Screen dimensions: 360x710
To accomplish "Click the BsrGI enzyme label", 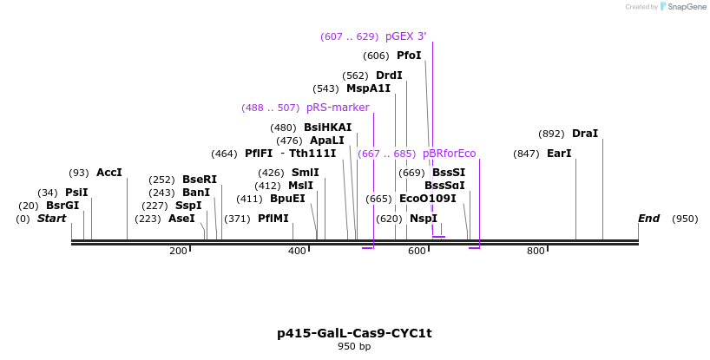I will pos(62,206).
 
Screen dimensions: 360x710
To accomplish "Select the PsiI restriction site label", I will pos(76,193).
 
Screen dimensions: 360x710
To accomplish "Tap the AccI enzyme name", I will pos(109,173).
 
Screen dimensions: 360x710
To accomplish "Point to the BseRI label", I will pos(200,180).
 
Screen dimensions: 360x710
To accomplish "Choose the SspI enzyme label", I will pos(188,206).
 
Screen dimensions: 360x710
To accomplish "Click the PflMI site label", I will pos(273,219).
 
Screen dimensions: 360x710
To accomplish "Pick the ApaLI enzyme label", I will pos(327,141).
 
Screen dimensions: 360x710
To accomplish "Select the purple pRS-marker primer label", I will pos(338,108).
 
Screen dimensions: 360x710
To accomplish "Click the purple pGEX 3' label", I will pos(406,36).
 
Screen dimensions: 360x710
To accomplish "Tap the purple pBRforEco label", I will pos(450,154).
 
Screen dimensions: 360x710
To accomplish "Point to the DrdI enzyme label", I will pos(389,75).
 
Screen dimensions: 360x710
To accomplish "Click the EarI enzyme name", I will pos(559,154).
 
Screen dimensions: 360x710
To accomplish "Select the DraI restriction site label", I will pos(585,134).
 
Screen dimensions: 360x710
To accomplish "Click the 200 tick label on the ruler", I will pos(178,251).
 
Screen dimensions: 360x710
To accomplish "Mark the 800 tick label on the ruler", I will pos(536,251).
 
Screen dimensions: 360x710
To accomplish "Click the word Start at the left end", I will pos(51,219).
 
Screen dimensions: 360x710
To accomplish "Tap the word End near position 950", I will pos(648,219).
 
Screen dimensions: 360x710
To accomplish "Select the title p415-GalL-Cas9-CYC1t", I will pos(354,333).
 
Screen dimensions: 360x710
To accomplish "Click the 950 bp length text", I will pos(354,347).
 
